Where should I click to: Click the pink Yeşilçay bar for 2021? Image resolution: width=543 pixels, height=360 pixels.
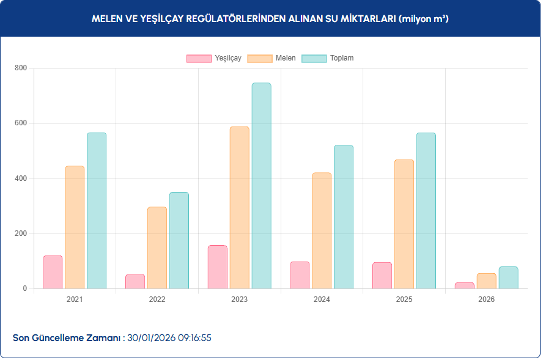tap(53, 272)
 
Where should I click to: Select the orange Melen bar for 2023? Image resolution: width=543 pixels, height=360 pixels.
tap(239, 208)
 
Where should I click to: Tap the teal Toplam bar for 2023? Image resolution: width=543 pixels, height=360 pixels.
tap(261, 186)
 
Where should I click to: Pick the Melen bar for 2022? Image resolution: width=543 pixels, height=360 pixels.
tap(157, 248)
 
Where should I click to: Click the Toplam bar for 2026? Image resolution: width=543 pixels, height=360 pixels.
tap(508, 277)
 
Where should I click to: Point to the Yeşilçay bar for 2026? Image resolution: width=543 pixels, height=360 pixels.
tap(464, 285)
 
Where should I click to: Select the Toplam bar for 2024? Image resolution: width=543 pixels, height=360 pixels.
tap(344, 217)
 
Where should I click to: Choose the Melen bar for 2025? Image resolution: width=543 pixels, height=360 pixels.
tap(404, 224)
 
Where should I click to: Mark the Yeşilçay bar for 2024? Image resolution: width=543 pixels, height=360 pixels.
tap(300, 275)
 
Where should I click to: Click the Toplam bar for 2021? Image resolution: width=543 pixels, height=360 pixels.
tap(97, 210)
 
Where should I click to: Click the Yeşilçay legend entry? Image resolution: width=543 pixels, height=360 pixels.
tap(214, 58)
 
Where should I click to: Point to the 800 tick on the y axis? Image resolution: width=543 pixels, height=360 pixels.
tap(21, 68)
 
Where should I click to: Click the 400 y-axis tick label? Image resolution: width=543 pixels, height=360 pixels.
tap(21, 178)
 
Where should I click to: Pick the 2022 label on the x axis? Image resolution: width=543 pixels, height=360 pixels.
tap(157, 299)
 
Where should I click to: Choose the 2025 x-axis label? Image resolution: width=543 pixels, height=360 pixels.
tap(404, 299)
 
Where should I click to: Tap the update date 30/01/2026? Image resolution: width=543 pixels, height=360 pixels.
tap(151, 337)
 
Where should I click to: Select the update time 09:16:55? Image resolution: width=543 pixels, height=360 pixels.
tap(194, 337)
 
